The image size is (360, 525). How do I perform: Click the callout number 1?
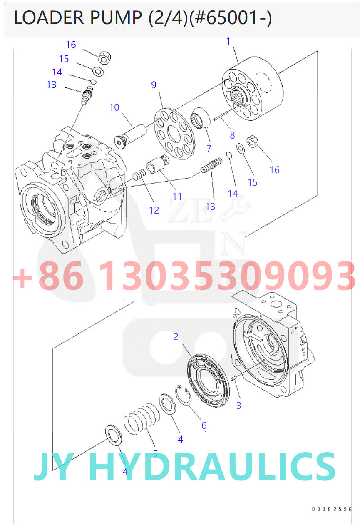click(228, 41)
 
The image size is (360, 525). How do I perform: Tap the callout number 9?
click(154, 85)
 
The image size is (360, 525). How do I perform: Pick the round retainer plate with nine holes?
click(174, 134)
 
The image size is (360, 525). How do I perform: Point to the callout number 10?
click(114, 107)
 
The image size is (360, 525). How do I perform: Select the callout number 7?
click(209, 148)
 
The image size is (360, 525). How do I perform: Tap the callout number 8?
click(232, 135)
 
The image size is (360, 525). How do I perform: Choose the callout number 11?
click(177, 196)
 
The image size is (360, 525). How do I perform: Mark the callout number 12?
click(154, 210)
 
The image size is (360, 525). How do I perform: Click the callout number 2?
click(176, 336)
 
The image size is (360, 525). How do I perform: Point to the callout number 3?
click(238, 405)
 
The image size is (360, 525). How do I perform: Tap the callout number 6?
click(204, 425)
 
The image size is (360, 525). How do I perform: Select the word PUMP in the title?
click(117, 19)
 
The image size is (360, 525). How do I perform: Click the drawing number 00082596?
click(332, 509)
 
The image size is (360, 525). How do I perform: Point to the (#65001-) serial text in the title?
click(230, 19)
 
